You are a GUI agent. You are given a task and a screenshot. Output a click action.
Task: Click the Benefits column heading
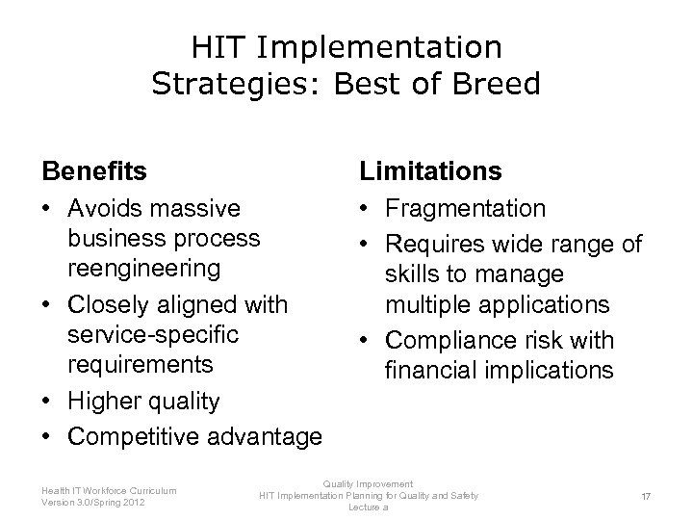(94, 171)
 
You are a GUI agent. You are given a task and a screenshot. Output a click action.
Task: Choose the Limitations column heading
(430, 171)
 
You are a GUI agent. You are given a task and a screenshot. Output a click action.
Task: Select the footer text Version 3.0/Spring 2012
(94, 502)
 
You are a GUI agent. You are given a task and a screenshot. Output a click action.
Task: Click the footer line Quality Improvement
(368, 483)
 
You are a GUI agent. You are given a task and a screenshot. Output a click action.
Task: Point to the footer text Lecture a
(368, 507)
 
